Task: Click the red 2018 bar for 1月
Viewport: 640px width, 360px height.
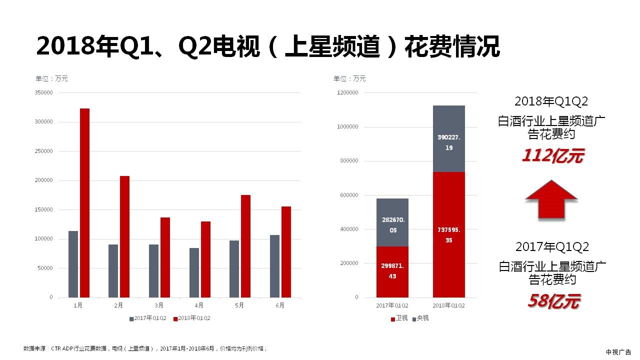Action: coord(84,202)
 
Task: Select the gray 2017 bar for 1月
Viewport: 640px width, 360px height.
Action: coord(73,264)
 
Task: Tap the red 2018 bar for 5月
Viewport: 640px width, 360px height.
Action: coord(245,246)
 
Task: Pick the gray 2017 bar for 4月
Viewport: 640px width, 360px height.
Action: coord(194,272)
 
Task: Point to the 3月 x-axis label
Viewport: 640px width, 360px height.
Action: coord(158,305)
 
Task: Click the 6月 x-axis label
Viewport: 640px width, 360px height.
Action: coord(279,305)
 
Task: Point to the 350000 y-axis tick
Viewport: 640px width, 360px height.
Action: coord(44,93)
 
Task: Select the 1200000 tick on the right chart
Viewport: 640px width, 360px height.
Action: coord(347,93)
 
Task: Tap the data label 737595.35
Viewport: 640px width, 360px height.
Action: coord(448,235)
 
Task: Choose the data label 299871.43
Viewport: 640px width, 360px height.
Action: coord(392,271)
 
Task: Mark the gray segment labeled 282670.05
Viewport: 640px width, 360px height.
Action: coord(392,222)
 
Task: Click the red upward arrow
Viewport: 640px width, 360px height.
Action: coord(551,199)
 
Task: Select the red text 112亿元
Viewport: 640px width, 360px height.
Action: coord(552,156)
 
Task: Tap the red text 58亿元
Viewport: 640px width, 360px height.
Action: coord(553,301)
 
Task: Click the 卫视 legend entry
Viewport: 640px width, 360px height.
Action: coord(399,318)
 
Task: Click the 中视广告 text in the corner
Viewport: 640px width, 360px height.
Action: coord(618,352)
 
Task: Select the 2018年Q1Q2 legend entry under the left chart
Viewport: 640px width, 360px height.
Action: coord(192,318)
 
